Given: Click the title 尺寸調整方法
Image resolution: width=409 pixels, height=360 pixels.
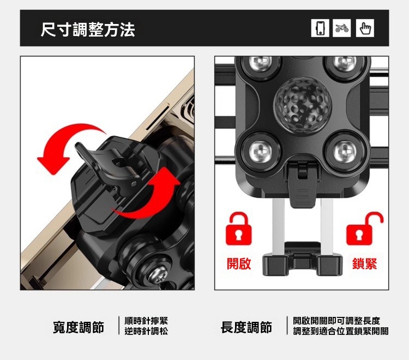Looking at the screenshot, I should coord(88,28).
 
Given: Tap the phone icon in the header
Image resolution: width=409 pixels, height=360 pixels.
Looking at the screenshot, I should coord(320,28).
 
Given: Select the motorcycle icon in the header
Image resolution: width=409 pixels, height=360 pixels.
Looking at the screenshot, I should coord(342,28).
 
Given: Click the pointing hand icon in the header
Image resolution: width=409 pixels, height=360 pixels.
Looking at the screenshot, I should coord(365,28).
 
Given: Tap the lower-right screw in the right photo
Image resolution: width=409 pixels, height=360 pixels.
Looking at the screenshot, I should coord(344,150).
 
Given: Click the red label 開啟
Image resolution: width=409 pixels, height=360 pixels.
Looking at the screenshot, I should coord(239,264).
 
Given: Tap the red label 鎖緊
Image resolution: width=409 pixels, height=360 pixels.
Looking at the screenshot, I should coord(364,264).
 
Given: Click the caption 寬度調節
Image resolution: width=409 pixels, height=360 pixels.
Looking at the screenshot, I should coord(79,327).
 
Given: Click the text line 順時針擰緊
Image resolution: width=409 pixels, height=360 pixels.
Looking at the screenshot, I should coord(146,321).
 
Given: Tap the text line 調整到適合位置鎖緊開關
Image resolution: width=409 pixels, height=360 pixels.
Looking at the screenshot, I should coord(340,332).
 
